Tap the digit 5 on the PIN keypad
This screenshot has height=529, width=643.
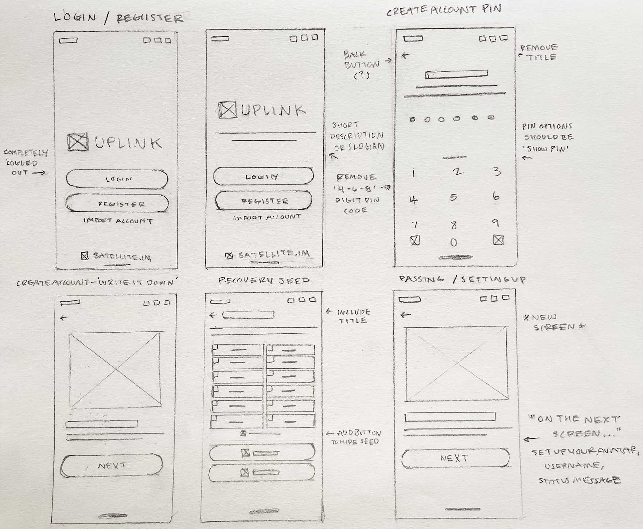[453, 197]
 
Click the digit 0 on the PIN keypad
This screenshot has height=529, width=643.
[453, 242]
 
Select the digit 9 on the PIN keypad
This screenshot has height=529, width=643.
[495, 223]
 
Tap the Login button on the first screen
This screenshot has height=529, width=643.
[117, 179]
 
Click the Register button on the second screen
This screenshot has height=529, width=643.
[264, 201]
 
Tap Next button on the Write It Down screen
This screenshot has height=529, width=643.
[112, 466]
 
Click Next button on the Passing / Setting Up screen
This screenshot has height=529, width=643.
[455, 458]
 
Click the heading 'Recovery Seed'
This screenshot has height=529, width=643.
[264, 280]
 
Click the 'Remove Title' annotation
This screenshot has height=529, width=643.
[539, 52]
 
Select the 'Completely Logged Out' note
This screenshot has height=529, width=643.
[25, 162]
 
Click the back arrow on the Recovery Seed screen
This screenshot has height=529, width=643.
[213, 315]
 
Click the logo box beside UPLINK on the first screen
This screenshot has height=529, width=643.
[78, 142]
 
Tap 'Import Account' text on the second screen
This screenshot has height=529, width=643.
[267, 218]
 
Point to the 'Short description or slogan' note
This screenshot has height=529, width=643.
[356, 136]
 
